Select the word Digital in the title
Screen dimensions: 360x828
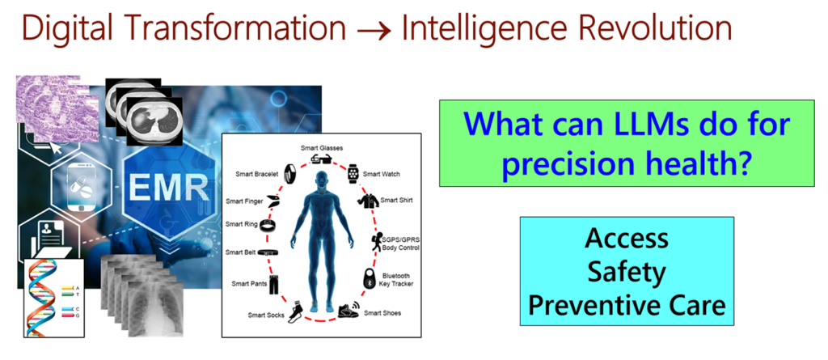66,29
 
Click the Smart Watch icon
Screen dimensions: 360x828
353,172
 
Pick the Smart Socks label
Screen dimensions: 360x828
266,314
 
